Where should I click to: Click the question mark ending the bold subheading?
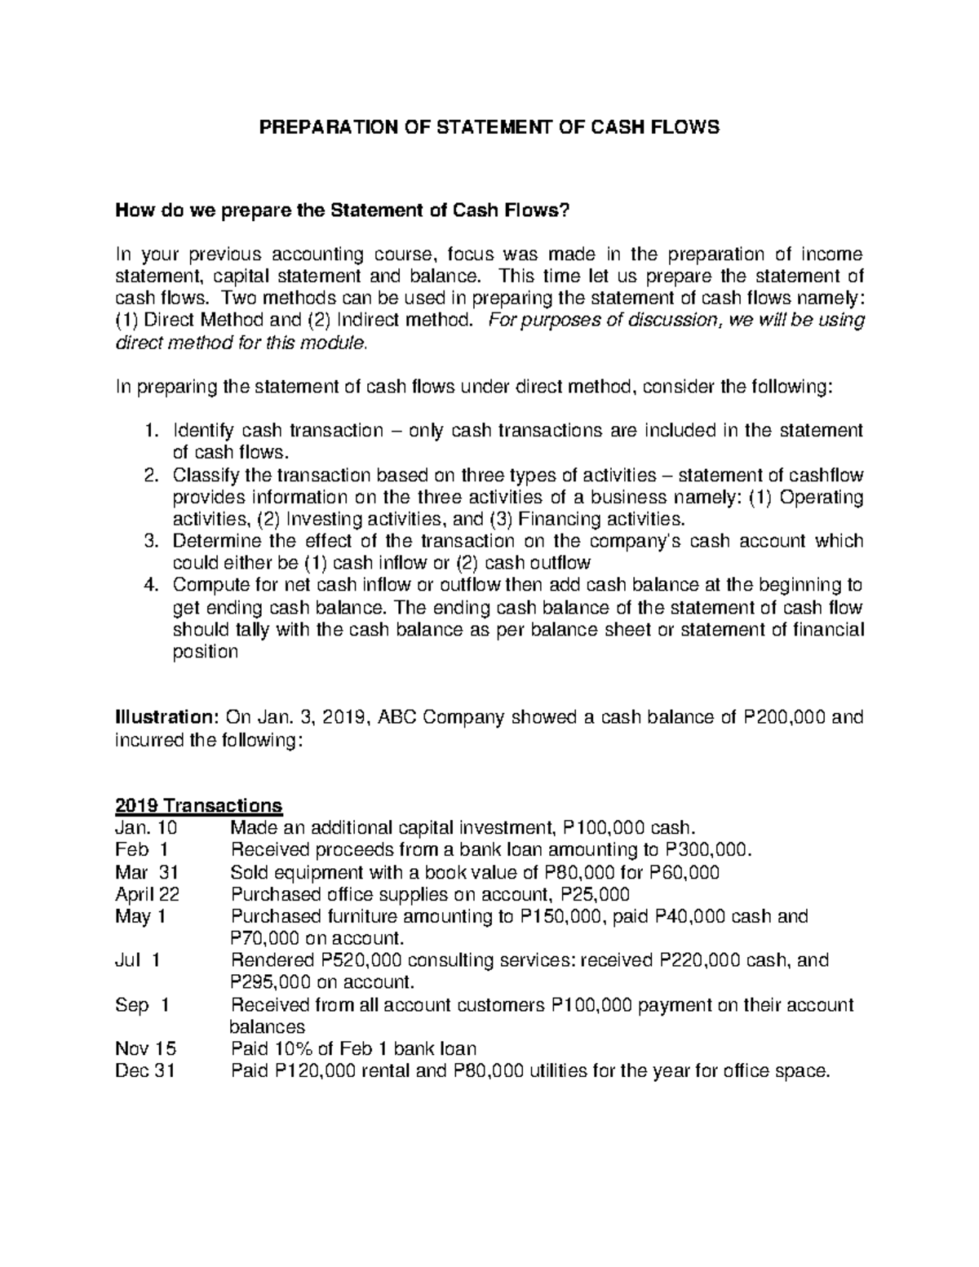coord(561,212)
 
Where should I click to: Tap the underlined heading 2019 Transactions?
coord(196,805)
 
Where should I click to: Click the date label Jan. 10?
coord(146,828)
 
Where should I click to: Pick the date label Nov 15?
coord(146,1048)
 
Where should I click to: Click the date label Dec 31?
coord(145,1070)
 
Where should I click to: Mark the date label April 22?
coord(147,894)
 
